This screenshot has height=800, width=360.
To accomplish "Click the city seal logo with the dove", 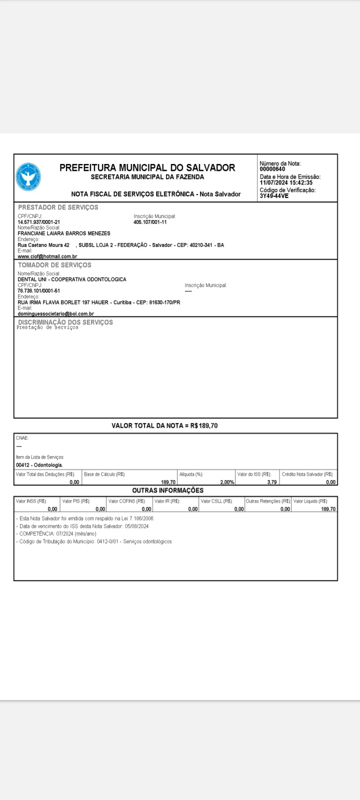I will tap(28, 177).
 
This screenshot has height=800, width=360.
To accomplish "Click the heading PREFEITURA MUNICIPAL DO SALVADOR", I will tap(147, 167).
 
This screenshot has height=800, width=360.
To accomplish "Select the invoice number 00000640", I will tap(272, 169).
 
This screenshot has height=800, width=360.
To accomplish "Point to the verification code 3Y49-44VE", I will tap(274, 196).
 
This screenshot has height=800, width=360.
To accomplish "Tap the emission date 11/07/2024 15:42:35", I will tap(286, 182).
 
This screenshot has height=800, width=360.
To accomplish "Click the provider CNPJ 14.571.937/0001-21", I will tap(39, 221).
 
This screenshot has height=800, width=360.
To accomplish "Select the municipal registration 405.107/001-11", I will tap(150, 221).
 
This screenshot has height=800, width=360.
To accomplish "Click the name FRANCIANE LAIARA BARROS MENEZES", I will tap(64, 233).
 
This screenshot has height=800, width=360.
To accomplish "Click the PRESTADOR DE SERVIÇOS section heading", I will tap(58, 207).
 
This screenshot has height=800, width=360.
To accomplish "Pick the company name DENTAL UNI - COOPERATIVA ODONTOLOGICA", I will tap(72, 279).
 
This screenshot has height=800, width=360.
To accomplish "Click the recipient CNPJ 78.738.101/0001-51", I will tap(39, 290).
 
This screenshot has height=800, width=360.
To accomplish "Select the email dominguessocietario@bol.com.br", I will tap(56, 313).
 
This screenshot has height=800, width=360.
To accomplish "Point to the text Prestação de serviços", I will tap(47, 328).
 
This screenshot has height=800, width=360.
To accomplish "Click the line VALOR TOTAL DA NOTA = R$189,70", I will tap(164, 426).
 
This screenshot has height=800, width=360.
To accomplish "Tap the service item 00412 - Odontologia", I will tap(39, 465).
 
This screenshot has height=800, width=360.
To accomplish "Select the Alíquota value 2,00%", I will tap(227, 482).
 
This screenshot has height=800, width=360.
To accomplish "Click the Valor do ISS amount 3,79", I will tap(272, 482).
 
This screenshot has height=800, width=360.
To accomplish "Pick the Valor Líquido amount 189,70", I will tap(328, 509).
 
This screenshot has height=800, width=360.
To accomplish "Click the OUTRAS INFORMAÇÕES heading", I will tap(167, 490).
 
